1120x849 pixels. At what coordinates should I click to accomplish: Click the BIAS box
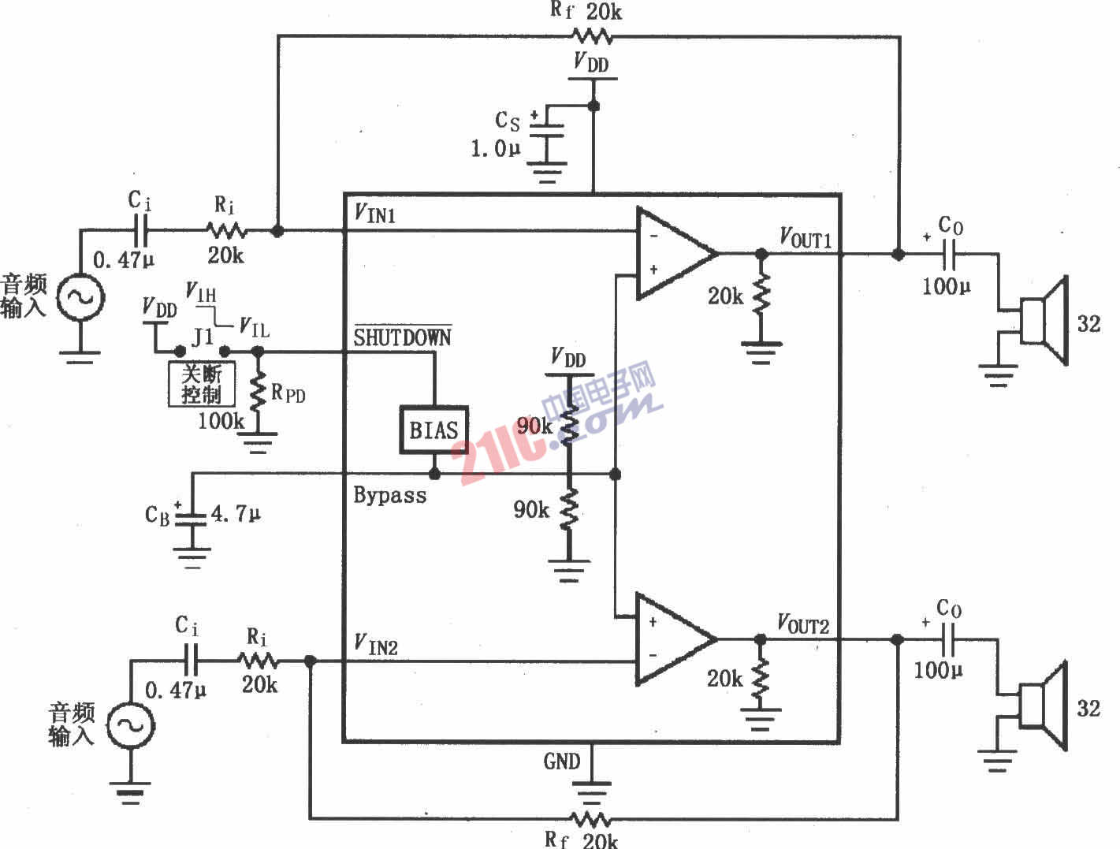tap(433, 430)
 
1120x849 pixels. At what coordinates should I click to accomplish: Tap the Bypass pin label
tap(389, 495)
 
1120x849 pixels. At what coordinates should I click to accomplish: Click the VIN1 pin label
tap(374, 214)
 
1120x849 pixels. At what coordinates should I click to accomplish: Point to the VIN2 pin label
tap(375, 646)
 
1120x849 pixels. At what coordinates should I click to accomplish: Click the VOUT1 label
tap(805, 237)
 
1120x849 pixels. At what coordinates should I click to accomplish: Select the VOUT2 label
tap(803, 624)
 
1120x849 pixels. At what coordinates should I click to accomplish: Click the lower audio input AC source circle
tap(130, 725)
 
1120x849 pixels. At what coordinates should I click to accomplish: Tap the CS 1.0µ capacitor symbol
tap(546, 134)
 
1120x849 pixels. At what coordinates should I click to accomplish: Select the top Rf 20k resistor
tap(592, 35)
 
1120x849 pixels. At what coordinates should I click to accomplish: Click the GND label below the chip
tap(561, 761)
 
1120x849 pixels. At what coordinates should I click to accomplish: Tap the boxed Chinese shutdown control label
tap(202, 384)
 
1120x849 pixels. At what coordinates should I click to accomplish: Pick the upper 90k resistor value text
tap(535, 426)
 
